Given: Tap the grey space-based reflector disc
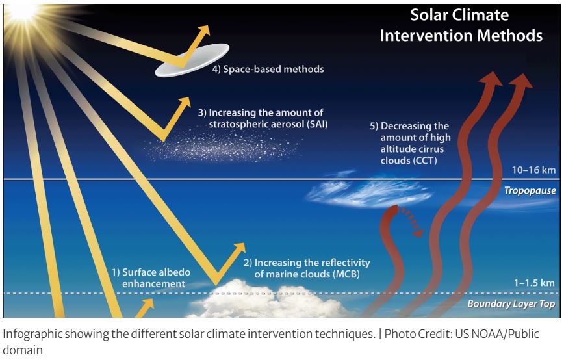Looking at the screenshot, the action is point(192,60).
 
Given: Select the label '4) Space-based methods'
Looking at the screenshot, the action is point(268,69).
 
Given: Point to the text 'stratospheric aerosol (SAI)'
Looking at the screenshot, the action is point(268,124).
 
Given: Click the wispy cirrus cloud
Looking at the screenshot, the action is point(368,192).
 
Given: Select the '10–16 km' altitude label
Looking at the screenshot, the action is point(534,170).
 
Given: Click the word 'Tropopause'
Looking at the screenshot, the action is point(530,190).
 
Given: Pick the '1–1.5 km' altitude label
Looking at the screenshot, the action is point(534,283).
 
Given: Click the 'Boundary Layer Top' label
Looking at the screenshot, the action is point(511,304).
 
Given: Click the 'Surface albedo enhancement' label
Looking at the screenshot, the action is point(151,277).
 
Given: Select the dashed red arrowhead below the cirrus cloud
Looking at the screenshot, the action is point(418,233).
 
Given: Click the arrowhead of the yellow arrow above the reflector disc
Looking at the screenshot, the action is point(203,31).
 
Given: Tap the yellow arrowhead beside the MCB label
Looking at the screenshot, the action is point(240,248).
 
